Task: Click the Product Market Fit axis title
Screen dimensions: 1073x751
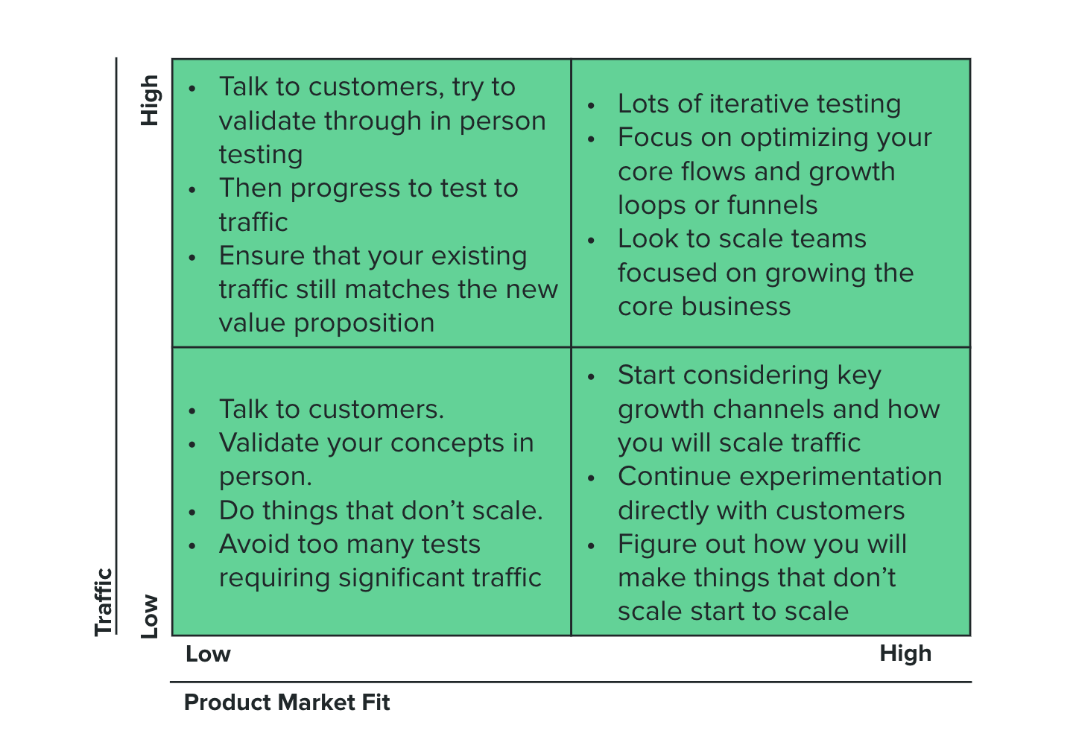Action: (x=287, y=703)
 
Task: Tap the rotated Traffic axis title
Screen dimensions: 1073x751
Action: (x=104, y=601)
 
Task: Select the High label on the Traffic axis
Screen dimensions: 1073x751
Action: (x=150, y=101)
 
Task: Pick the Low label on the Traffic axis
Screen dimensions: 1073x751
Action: (x=150, y=616)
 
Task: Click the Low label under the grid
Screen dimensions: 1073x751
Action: (x=209, y=654)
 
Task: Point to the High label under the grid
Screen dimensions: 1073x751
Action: (x=905, y=653)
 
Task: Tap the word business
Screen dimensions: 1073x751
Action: (x=735, y=306)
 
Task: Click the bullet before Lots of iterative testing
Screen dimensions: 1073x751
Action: (x=591, y=105)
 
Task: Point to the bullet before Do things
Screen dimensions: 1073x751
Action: (x=192, y=513)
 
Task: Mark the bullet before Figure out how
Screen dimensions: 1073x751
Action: (x=591, y=546)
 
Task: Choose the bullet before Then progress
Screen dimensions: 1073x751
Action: (x=192, y=190)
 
